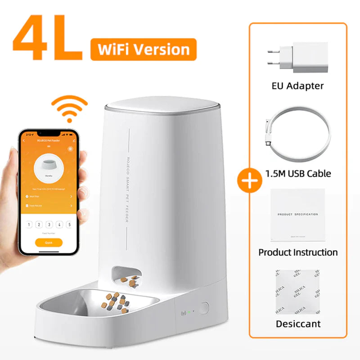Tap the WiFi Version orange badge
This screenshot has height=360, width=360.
[143, 49]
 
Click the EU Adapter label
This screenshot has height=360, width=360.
[298, 85]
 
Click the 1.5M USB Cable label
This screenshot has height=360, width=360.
[298, 173]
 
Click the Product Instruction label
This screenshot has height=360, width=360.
[298, 252]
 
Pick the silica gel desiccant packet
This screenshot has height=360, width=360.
[298, 292]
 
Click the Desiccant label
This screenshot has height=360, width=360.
[298, 324]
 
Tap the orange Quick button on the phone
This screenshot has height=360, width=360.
[48, 242]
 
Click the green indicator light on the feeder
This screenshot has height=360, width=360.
[190, 311]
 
